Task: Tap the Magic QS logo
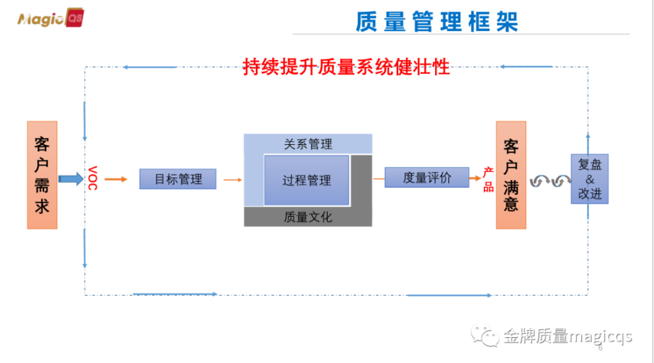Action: [49, 19]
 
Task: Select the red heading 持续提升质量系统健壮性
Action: [346, 67]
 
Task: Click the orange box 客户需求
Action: [42, 175]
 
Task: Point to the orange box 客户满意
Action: [511, 175]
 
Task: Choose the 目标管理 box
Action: [178, 179]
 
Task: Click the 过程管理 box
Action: [307, 180]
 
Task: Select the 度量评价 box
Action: [427, 177]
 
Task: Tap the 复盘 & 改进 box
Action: [589, 179]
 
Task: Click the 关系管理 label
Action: [308, 144]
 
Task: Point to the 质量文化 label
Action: [308, 217]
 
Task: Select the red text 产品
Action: [488, 179]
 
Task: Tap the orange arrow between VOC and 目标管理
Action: [115, 179]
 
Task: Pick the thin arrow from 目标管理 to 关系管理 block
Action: [232, 179]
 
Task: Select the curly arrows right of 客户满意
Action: [550, 181]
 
